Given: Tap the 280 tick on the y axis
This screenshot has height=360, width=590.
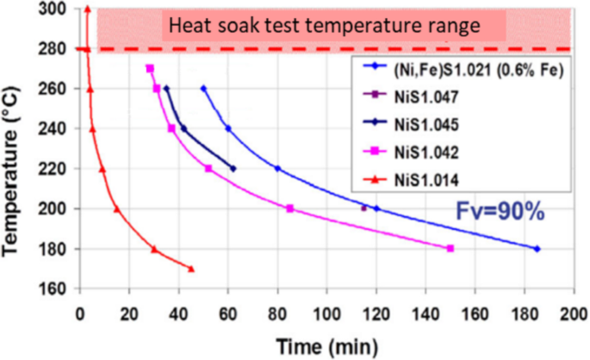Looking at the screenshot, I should click(55, 49).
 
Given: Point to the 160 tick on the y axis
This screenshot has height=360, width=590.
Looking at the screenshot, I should click(55, 289).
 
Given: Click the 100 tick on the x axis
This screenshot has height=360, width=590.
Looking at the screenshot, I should click(327, 312).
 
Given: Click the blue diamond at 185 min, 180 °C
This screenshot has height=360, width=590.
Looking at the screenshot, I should click(537, 249).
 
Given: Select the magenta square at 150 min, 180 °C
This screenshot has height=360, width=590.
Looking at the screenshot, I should click(450, 248).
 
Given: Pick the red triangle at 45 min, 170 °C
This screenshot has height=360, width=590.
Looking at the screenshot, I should click(191, 269).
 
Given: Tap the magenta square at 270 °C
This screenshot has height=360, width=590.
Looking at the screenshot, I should click(150, 69).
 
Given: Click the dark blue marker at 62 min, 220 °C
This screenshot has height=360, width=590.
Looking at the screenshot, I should click(233, 169).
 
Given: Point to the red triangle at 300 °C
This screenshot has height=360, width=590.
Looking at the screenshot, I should click(88, 9).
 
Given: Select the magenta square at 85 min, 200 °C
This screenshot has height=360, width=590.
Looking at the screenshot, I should click(289, 208).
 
